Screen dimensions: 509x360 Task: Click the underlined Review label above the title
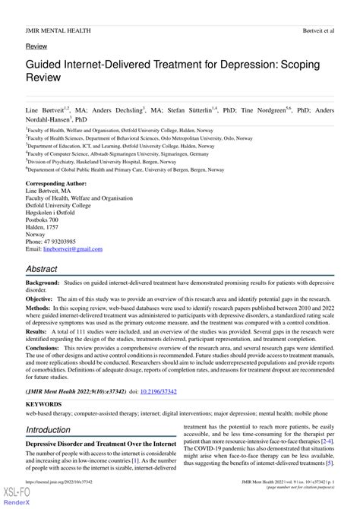(36, 47)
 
